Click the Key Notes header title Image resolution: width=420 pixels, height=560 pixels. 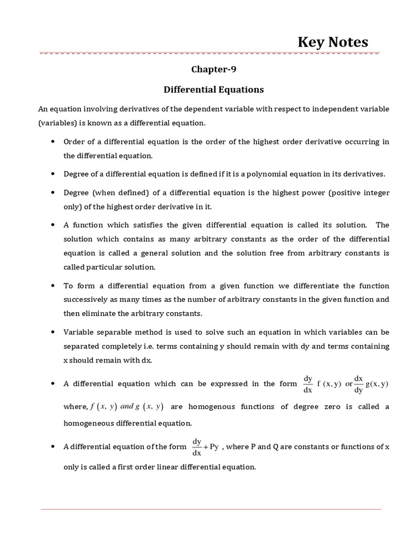(332, 42)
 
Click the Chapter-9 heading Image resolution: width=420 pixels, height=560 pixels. (213, 69)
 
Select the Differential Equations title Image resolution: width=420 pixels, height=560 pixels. (213, 89)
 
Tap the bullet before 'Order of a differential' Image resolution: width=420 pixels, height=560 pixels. (52, 142)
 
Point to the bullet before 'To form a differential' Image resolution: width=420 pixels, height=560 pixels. (52, 286)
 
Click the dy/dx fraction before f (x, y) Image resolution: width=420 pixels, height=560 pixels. (308, 384)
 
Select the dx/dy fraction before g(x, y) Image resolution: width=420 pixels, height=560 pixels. (359, 384)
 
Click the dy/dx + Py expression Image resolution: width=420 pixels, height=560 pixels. (205, 447)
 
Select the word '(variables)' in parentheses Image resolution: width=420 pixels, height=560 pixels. (57, 122)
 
